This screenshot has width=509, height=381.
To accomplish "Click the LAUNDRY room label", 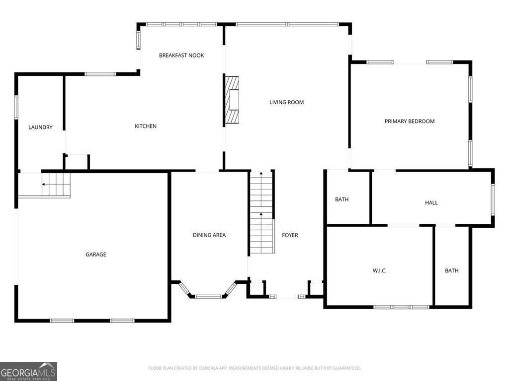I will click(x=40, y=127).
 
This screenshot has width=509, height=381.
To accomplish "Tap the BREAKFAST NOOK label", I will click(x=181, y=56).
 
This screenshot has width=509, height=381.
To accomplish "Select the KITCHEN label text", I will click(x=146, y=127).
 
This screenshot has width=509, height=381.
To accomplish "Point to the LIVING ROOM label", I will click(x=286, y=103).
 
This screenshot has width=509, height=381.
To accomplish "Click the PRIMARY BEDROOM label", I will click(x=410, y=122).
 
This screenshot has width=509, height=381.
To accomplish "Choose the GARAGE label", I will click(x=96, y=255).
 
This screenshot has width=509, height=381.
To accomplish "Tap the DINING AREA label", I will click(x=209, y=235).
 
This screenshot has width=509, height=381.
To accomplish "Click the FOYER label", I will click(x=290, y=235).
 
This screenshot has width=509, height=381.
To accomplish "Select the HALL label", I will click(x=431, y=203).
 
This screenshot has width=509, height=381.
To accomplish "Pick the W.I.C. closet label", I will click(x=380, y=271).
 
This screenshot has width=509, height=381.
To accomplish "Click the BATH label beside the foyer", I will click(x=342, y=200).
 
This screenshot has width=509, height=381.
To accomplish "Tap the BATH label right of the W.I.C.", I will click(x=452, y=271).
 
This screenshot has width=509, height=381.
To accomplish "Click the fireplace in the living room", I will click(x=232, y=100).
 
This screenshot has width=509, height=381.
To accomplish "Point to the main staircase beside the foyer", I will click(x=261, y=212).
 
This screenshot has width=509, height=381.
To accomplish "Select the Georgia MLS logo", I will click(x=28, y=371).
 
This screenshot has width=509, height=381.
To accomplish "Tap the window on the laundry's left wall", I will click(x=16, y=107).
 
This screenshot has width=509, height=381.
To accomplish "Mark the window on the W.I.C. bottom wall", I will click(x=401, y=307).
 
